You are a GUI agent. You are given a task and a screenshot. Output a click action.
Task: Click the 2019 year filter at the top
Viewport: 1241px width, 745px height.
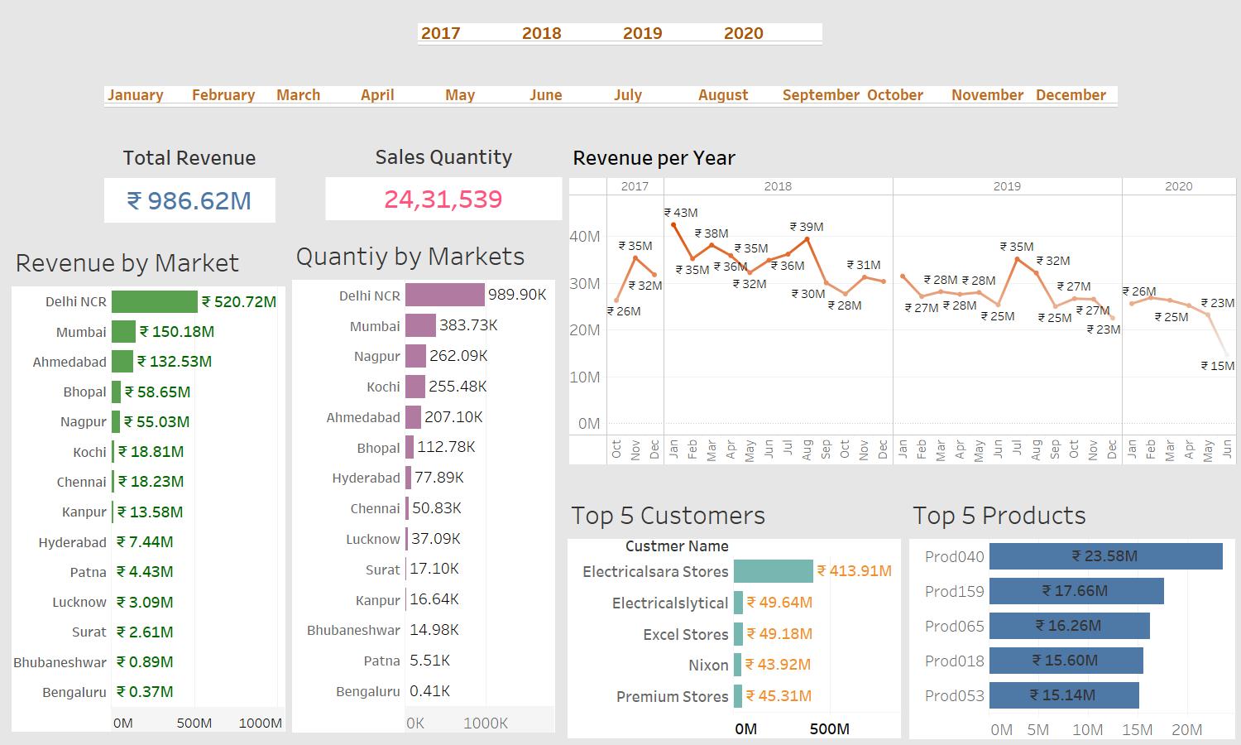coord(642,33)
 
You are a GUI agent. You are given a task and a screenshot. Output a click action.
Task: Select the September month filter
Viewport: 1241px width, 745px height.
coord(820,95)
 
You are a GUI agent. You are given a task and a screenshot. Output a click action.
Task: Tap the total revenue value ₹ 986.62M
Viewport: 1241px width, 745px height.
coord(189,200)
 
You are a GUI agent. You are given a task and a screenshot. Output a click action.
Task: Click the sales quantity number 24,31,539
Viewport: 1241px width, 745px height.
coord(443,199)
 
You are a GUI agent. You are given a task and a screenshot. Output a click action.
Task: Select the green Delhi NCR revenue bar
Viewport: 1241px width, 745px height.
coord(155,301)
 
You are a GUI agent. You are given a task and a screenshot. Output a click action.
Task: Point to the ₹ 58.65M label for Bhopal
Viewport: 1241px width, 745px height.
coord(157,392)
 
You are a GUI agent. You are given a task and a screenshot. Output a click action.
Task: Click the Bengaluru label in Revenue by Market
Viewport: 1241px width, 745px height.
coord(74,692)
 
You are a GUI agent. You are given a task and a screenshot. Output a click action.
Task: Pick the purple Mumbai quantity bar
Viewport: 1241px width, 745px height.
coord(420,325)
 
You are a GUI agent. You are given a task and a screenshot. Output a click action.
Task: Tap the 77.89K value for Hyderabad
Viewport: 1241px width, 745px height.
coord(438,478)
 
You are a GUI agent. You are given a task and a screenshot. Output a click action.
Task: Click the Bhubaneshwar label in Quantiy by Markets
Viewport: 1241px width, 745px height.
coord(353,630)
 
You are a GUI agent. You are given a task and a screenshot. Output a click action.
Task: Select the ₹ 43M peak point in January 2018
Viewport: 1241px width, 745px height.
coord(673,224)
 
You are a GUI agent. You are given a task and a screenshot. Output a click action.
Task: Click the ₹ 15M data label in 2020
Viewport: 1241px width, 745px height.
coord(1218,366)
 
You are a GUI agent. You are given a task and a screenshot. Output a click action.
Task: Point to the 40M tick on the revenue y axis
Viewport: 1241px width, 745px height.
coord(585,237)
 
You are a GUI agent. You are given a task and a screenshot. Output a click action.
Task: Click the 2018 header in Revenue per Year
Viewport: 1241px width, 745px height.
coord(778,186)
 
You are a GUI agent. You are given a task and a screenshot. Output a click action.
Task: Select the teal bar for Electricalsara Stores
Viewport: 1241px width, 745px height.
coord(773,571)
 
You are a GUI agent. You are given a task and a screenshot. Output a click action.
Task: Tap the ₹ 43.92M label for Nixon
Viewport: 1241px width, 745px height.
coord(778,665)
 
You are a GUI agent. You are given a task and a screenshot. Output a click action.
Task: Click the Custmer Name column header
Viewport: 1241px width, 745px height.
coord(677,546)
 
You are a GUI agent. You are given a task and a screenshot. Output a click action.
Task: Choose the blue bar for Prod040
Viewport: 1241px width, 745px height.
coord(1105,556)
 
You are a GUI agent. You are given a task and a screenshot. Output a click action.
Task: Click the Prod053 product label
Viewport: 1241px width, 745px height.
coord(954,695)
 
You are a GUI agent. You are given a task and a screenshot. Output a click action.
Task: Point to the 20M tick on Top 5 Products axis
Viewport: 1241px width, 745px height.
coord(1186,729)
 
